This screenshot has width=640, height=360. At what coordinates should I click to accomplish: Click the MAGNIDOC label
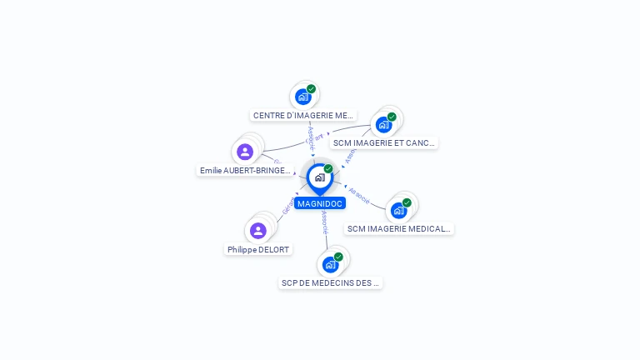click(x=319, y=203)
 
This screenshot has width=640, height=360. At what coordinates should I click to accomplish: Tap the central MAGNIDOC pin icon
click(x=319, y=177)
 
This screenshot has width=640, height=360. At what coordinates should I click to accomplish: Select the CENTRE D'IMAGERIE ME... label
click(x=303, y=116)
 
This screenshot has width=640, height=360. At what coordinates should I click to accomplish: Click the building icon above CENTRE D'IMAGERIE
click(x=303, y=97)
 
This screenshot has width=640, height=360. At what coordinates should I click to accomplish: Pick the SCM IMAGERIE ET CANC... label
click(x=383, y=142)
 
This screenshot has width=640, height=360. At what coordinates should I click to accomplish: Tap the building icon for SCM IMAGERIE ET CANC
click(x=383, y=125)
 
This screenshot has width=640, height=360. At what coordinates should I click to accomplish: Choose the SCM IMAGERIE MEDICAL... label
click(x=399, y=228)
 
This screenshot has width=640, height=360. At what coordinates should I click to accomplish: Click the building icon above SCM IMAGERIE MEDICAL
click(x=398, y=210)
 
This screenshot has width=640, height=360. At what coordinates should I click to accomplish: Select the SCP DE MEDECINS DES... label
click(x=330, y=282)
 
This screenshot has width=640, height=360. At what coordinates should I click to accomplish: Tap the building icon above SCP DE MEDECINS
click(x=330, y=265)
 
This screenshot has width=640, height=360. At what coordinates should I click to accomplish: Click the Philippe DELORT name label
click(x=258, y=249)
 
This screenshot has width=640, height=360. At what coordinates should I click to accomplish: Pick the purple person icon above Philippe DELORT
click(x=258, y=230)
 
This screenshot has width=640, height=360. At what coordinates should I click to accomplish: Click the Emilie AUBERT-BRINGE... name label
click(x=245, y=170)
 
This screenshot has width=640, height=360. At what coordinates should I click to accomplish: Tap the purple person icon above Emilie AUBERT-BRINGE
click(x=245, y=152)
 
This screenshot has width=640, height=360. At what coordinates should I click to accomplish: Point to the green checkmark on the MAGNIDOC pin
click(x=328, y=168)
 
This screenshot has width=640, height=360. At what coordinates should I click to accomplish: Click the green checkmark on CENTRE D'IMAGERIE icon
click(x=312, y=89)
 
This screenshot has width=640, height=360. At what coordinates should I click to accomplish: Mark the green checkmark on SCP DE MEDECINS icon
click(x=338, y=257)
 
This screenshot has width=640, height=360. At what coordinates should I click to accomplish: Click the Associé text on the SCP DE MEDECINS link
click(x=325, y=222)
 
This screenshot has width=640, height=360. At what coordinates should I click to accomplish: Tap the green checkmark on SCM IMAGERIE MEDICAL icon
click(x=407, y=202)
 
